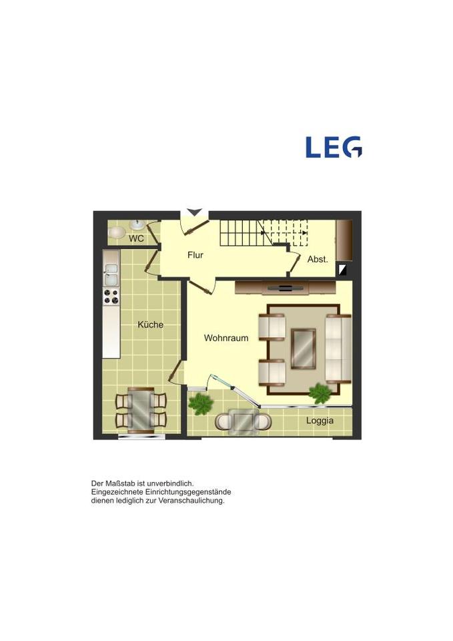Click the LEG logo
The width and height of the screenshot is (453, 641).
[334, 147]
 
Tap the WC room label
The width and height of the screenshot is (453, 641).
[136, 238]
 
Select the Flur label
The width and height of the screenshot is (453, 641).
[195, 255]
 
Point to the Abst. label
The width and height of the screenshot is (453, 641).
[318, 259]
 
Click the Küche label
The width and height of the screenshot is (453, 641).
[150, 325]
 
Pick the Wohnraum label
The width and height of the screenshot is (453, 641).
[226, 338]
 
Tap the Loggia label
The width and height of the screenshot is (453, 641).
[320, 421]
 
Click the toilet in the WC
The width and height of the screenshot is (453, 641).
[117, 232]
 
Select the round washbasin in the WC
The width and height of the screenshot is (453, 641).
[137, 224]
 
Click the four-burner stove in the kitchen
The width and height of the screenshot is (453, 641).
[111, 296]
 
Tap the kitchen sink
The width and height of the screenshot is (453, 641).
[111, 274]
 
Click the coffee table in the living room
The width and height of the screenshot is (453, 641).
[303, 349]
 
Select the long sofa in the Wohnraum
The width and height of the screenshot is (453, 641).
[338, 349]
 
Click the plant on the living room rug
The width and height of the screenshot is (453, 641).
[320, 393]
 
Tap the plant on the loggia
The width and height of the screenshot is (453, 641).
[201, 404]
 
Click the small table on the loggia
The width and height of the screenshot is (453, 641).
[243, 420]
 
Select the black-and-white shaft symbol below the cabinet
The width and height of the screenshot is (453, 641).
[340, 269]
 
